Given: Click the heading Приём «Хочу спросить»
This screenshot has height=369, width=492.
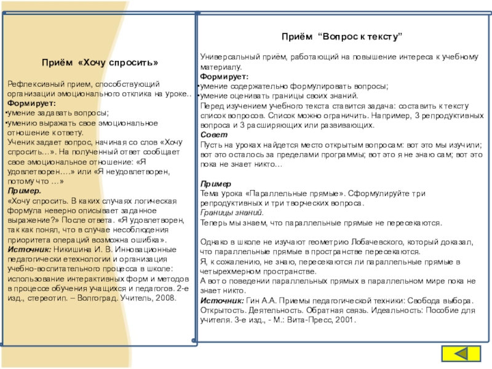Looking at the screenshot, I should [x=100, y=63].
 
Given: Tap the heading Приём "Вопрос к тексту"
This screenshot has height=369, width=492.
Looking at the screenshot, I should [x=342, y=38].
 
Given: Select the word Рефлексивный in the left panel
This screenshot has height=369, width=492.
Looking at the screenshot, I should [x=31, y=83].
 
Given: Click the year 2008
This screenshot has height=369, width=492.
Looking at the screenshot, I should [x=164, y=298].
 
